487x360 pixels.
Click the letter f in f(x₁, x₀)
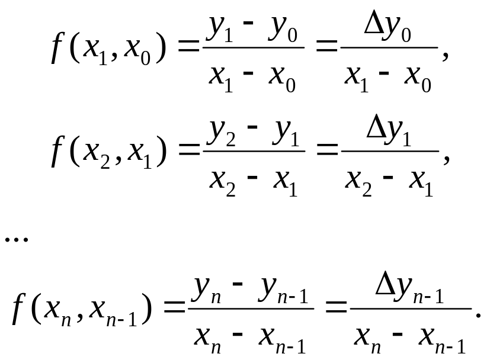coord(57,51)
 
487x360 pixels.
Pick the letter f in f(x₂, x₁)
coord(57,155)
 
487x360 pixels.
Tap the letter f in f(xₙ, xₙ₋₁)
coord(18,313)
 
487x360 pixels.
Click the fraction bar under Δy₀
coord(389,47)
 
